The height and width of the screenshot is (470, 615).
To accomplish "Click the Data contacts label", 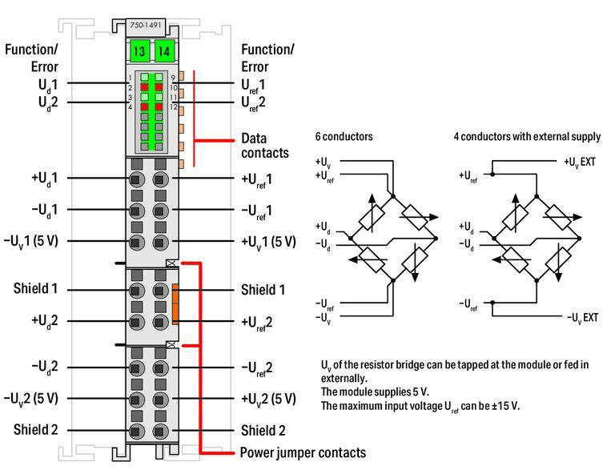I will click(x=264, y=145).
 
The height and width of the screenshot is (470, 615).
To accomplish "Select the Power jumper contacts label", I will click(x=303, y=452).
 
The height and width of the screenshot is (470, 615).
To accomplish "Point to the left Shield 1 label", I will click(x=35, y=288).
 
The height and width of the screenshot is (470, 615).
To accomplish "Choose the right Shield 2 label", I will click(x=263, y=431).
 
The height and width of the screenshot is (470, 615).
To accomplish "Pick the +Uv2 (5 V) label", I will click(x=268, y=399).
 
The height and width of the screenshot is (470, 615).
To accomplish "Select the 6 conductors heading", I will click(x=344, y=137).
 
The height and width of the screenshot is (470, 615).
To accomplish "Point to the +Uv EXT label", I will click(x=580, y=162).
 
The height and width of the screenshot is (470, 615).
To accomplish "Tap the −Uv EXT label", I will click(x=582, y=318).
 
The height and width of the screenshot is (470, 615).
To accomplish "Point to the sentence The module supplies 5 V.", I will click(x=375, y=392).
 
